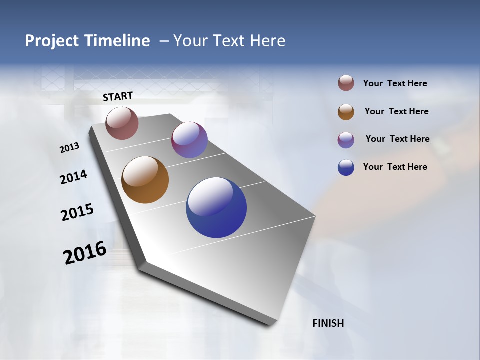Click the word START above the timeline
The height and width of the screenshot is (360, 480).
118,96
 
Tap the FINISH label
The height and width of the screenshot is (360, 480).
328,323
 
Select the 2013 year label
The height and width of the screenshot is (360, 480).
69,148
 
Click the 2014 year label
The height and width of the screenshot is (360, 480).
73,177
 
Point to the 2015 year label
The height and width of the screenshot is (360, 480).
77,212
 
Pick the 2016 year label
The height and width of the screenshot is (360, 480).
85,253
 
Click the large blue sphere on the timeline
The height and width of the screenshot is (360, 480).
216,207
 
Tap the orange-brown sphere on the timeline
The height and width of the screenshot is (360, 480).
145,180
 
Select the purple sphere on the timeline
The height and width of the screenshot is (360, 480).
189,140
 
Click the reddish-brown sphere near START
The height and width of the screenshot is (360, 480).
122,123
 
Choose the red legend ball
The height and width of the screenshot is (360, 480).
346,83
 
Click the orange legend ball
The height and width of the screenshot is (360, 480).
346,112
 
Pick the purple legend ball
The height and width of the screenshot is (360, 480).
346,140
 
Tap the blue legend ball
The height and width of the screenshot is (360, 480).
346,168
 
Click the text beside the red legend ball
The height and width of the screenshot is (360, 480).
395,83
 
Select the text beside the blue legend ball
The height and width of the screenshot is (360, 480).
395,167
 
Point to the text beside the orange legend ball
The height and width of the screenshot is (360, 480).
396,111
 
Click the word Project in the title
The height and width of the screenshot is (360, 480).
52,41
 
